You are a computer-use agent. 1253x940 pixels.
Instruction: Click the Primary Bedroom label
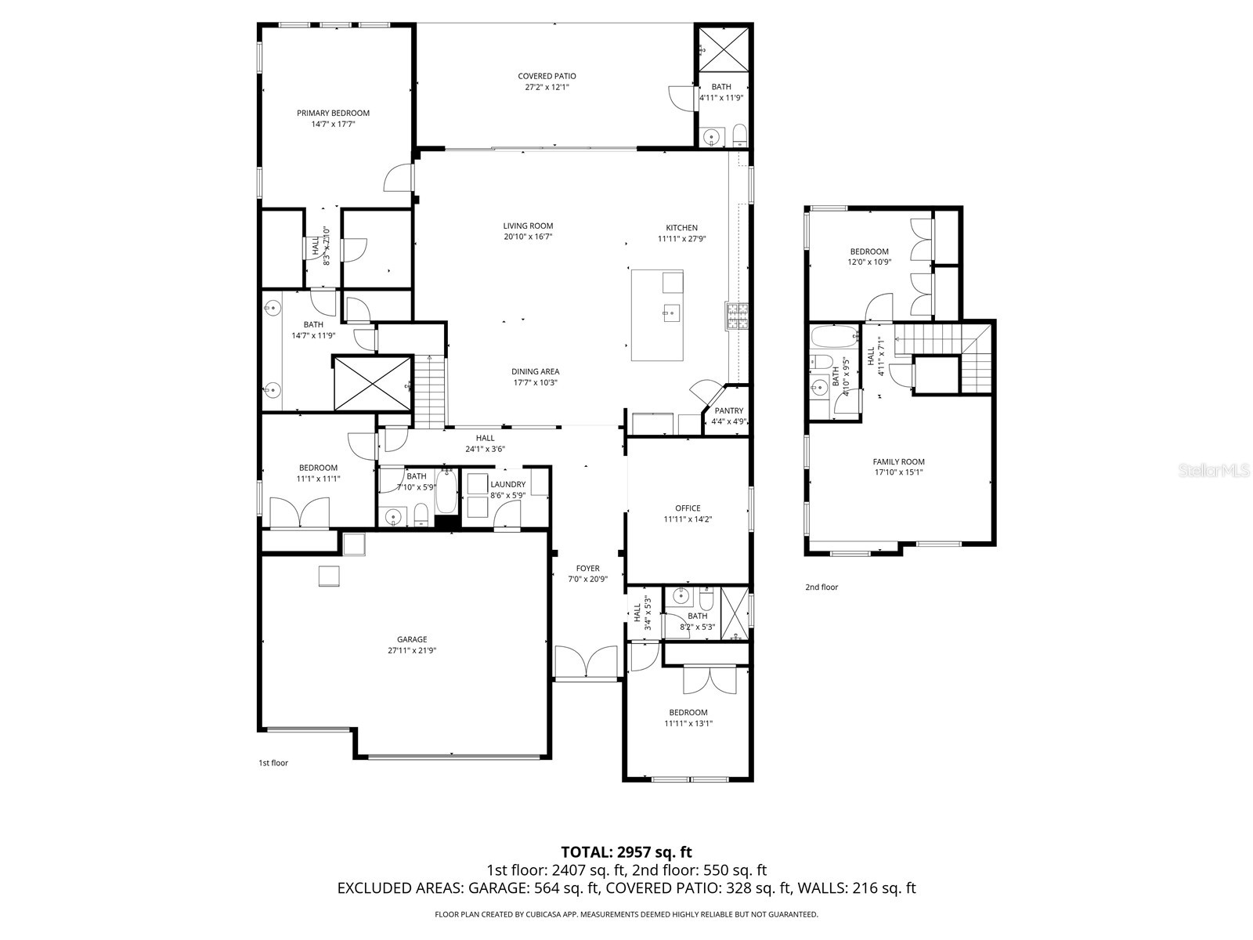click(x=333, y=113)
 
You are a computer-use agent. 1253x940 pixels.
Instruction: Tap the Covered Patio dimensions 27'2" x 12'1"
click(x=547, y=87)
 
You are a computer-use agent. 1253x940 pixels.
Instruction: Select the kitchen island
click(x=657, y=315)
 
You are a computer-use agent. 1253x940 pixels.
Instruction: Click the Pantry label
click(x=728, y=410)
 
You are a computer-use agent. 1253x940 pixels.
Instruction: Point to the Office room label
click(x=688, y=508)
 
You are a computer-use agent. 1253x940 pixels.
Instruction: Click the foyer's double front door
click(x=587, y=662)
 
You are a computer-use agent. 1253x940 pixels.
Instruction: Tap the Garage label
click(x=411, y=639)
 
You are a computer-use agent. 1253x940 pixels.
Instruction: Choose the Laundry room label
click(x=507, y=484)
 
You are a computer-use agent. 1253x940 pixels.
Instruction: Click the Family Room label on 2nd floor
click(x=898, y=461)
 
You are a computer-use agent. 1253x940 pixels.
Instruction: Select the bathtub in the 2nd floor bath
click(x=835, y=338)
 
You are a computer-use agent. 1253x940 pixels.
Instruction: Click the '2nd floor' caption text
click(x=821, y=587)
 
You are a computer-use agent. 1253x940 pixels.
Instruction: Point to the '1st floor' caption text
click(x=273, y=762)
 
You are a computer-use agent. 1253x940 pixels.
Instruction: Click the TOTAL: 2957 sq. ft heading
click(x=626, y=851)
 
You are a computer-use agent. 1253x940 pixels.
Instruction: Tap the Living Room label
click(x=528, y=226)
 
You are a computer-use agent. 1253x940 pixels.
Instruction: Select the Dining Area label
click(x=536, y=371)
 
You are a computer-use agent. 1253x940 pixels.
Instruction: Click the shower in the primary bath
click(x=372, y=382)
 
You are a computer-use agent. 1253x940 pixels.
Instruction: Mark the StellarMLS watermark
click(x=1219, y=470)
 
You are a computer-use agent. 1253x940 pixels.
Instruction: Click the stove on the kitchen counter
click(x=737, y=316)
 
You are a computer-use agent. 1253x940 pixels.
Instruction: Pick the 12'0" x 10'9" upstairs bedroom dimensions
click(x=868, y=262)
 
